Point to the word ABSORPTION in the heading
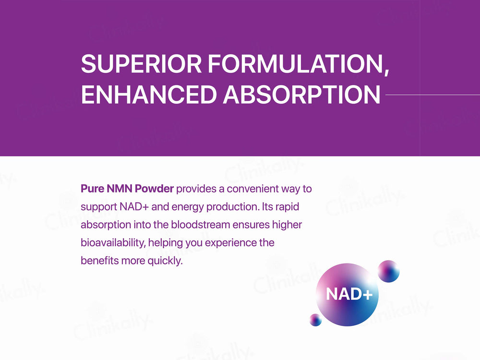(x=301, y=95)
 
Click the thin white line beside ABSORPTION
(x=432, y=95)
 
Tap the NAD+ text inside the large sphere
(x=349, y=294)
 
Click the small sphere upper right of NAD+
(x=388, y=271)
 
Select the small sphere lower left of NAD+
(x=315, y=320)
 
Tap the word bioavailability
(x=113, y=243)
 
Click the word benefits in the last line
(x=98, y=261)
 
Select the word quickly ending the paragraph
(x=166, y=261)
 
